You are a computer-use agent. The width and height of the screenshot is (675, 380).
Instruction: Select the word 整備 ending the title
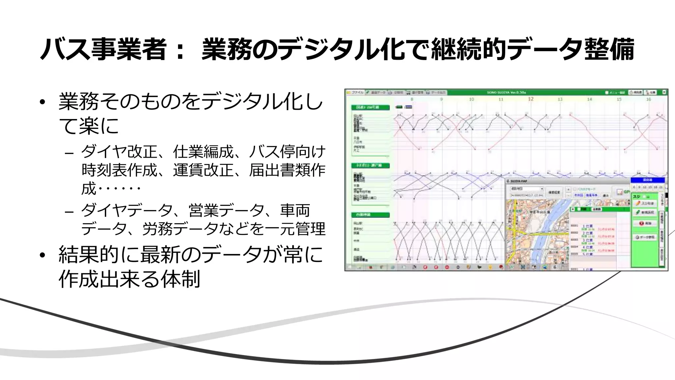click(x=609, y=49)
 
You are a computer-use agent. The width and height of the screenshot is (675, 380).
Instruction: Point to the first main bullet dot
click(x=42, y=102)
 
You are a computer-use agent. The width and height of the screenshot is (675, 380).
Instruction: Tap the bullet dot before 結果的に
click(x=42, y=255)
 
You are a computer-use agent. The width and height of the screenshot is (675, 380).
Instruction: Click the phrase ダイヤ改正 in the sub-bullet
click(x=119, y=152)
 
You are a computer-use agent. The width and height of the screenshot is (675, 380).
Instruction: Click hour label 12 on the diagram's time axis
click(x=531, y=99)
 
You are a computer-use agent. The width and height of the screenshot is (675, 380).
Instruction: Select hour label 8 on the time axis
click(x=412, y=99)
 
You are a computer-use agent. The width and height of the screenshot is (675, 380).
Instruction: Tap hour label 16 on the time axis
click(x=648, y=99)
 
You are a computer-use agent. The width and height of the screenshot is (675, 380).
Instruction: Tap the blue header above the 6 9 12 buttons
click(x=647, y=180)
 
